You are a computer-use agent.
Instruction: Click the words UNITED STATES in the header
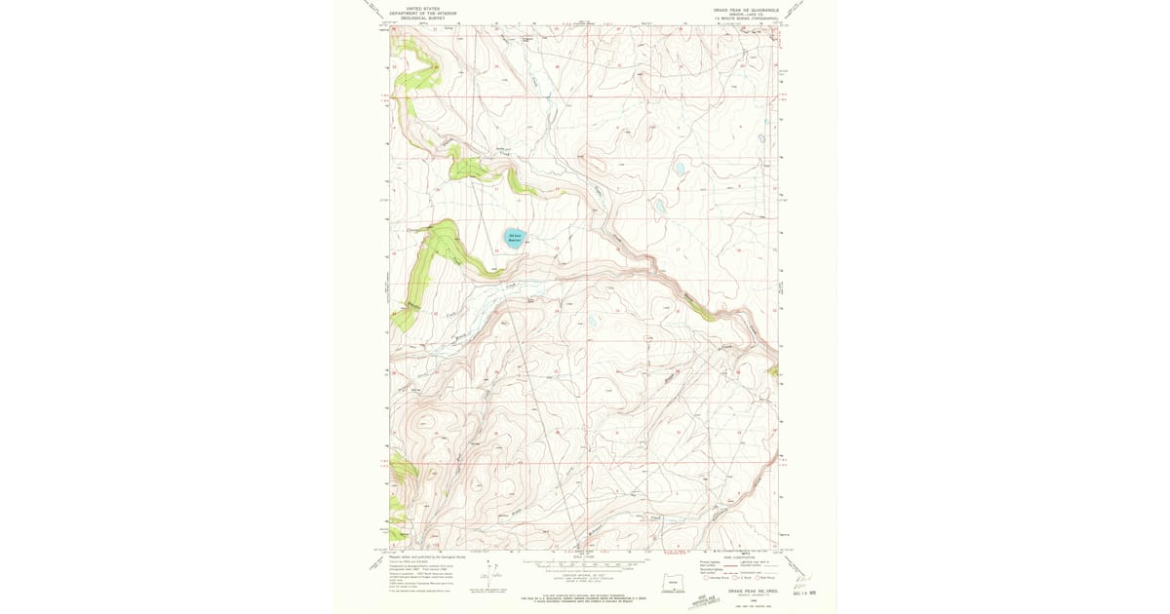point(423,9)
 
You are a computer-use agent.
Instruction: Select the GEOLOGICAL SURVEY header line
point(423,18)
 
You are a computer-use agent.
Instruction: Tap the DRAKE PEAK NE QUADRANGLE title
point(748,9)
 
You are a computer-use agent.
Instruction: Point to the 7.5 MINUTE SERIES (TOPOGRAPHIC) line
point(748,18)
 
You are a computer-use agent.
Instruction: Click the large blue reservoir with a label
point(515,237)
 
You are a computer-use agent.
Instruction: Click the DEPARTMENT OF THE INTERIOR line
point(423,13)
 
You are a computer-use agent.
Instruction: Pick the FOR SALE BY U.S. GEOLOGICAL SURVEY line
point(585,598)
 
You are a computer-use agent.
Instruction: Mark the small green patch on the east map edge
point(773,370)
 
